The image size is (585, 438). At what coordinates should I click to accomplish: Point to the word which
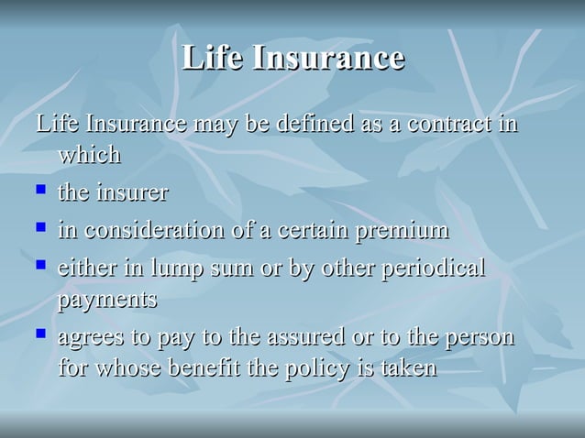(x=90, y=155)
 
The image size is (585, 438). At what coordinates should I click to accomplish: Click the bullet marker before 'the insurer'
(x=40, y=192)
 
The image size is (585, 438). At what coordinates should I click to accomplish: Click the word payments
(x=107, y=301)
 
